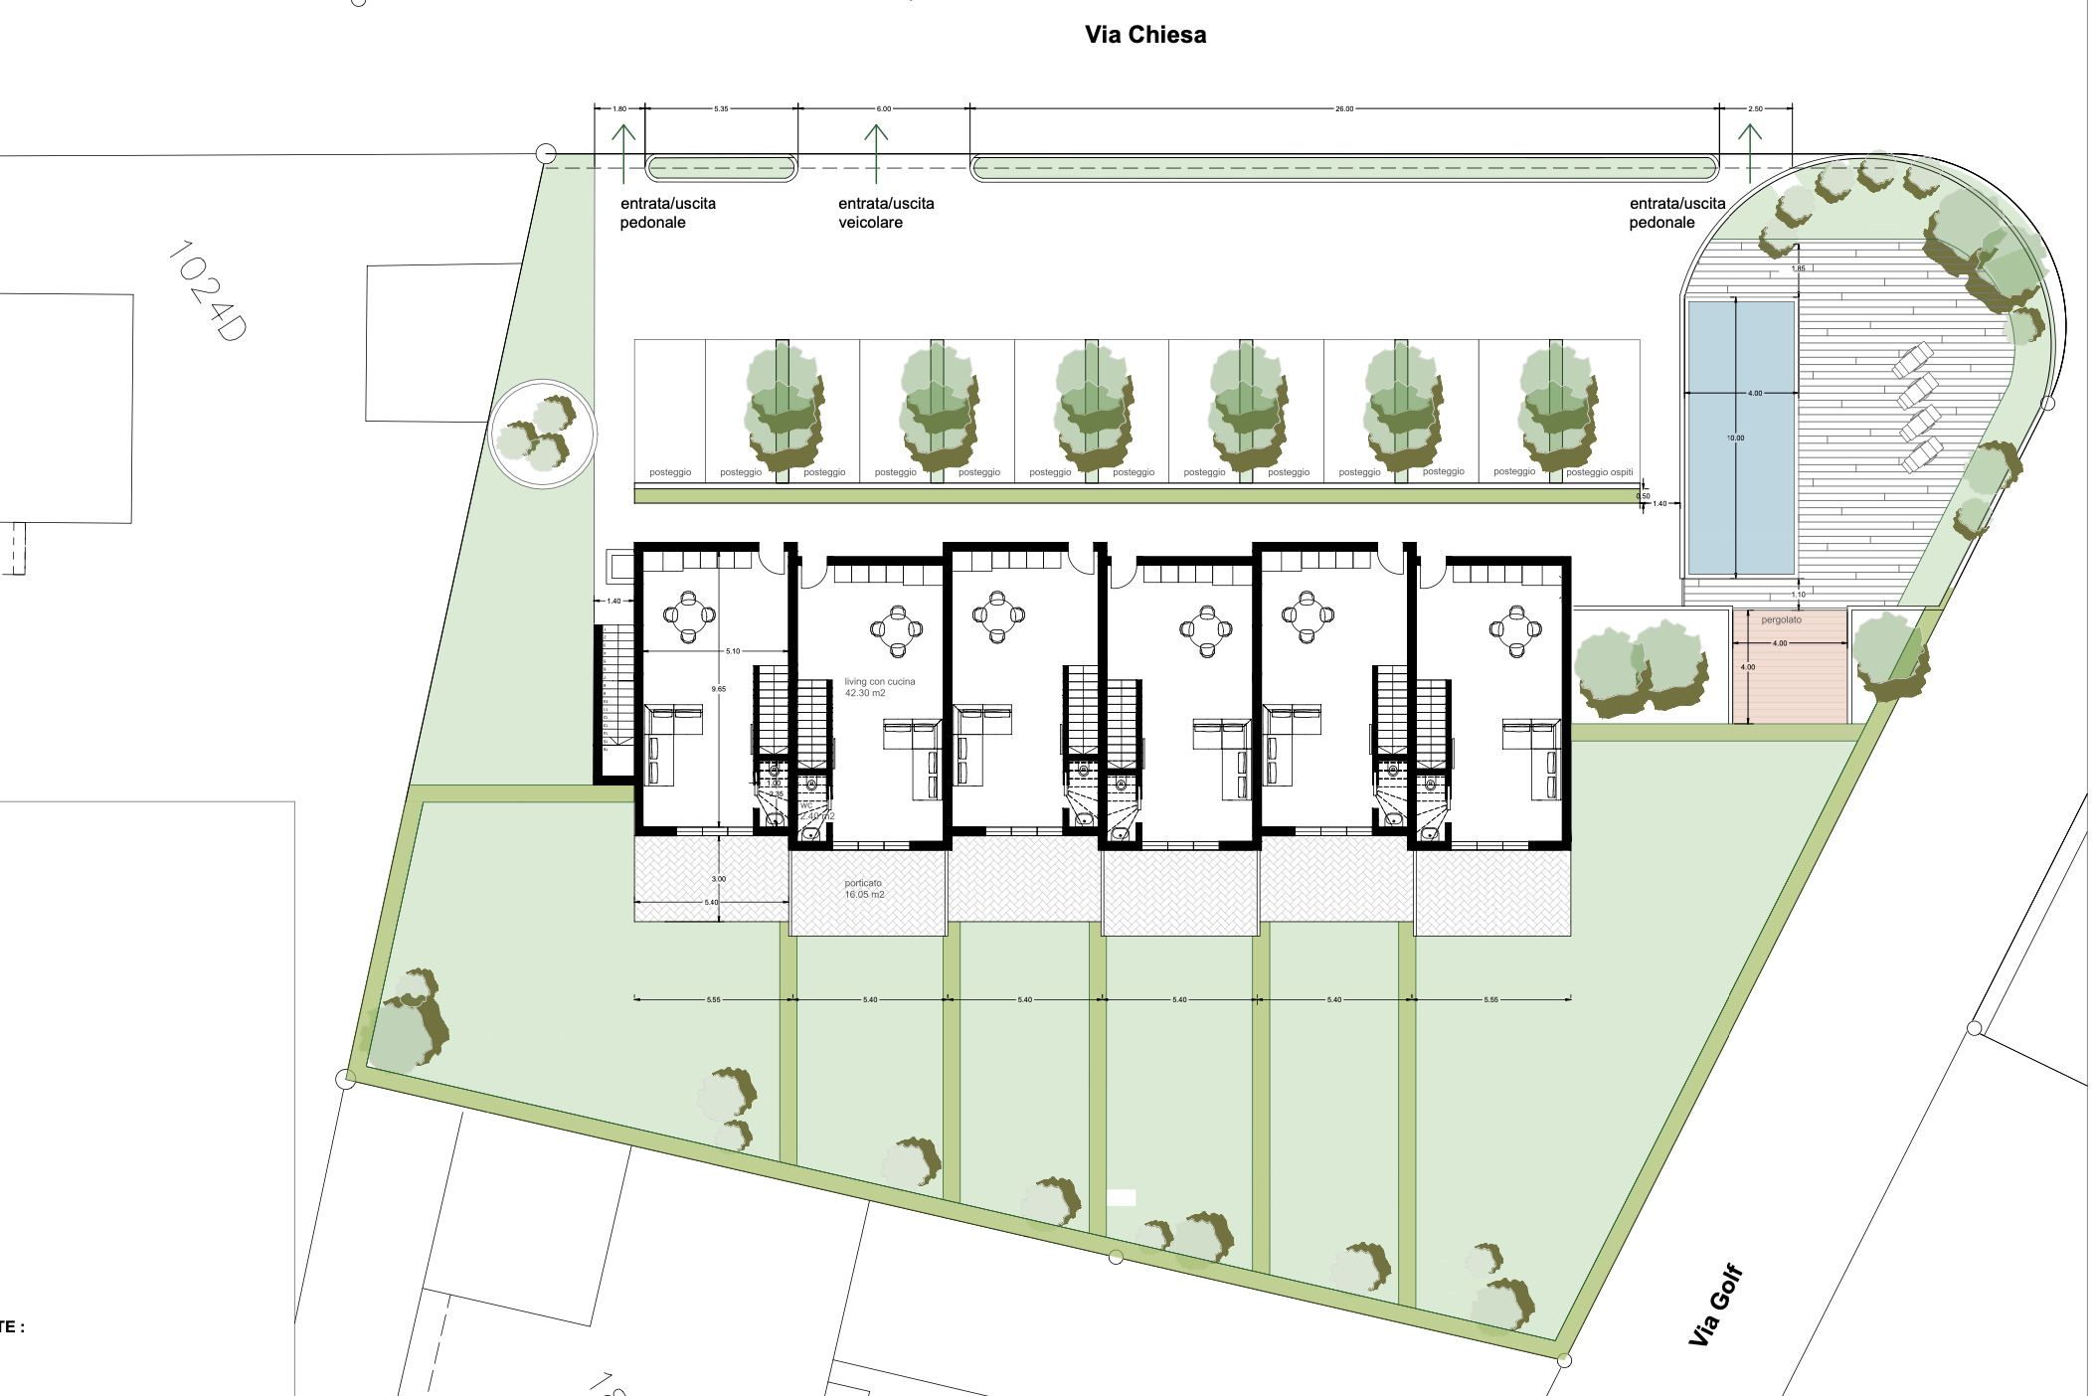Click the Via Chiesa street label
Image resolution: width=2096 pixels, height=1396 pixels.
click(x=1145, y=35)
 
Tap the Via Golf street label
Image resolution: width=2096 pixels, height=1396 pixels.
click(x=1716, y=1305)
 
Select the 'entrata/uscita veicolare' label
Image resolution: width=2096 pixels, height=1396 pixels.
click(x=886, y=213)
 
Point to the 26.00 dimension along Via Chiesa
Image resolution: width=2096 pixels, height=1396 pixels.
click(x=1344, y=108)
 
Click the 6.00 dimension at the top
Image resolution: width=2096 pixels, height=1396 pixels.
click(x=884, y=108)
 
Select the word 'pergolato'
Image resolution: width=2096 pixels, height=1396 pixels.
click(x=1781, y=619)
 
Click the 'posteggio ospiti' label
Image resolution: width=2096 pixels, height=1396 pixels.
click(x=1599, y=472)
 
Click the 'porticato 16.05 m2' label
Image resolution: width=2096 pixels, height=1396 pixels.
click(x=864, y=889)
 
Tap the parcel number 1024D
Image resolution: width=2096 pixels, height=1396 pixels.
click(x=207, y=290)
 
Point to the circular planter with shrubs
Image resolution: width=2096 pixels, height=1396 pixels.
click(x=543, y=435)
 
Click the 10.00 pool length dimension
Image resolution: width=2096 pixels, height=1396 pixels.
click(x=1735, y=437)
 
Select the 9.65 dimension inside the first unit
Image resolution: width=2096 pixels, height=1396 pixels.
click(x=718, y=689)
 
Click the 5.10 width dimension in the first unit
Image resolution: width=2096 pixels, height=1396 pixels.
click(x=733, y=651)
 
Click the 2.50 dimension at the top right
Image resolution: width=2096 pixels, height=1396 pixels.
click(x=1756, y=108)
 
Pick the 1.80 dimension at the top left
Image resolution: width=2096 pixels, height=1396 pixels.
click(x=619, y=108)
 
